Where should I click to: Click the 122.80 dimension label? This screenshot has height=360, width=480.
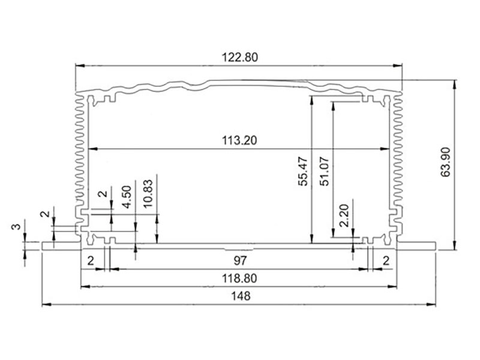tap(239, 58)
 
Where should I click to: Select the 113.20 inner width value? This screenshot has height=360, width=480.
tap(239, 141)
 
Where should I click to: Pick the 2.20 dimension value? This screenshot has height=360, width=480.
tap(344, 215)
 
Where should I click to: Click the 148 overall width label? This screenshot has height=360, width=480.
tap(239, 296)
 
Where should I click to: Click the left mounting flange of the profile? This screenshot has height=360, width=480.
tap(60, 246)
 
